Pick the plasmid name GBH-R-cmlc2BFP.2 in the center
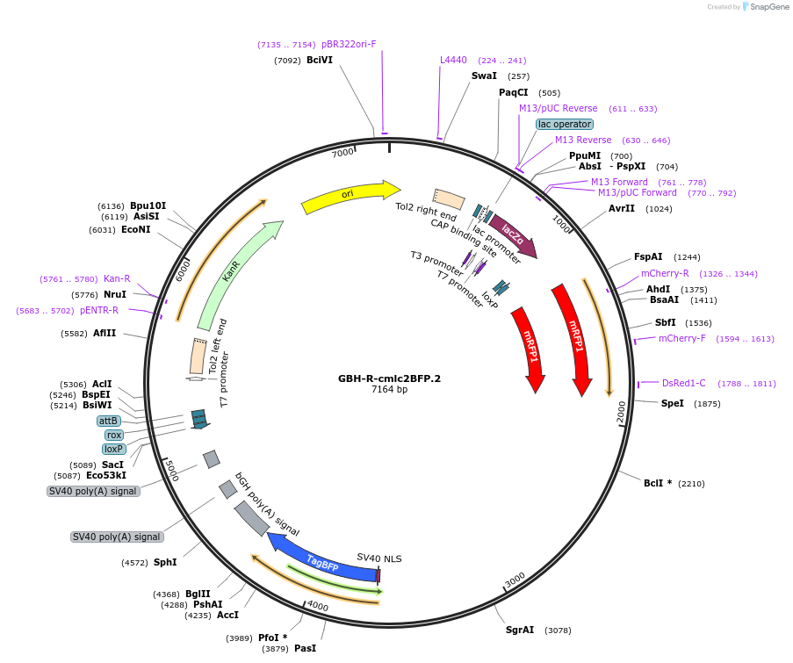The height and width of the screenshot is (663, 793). [x=389, y=378]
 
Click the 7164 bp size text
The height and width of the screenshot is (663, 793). [x=389, y=389]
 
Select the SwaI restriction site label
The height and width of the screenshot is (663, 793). [x=484, y=76]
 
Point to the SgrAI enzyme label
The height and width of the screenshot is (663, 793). [x=519, y=630]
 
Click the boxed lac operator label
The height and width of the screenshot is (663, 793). [x=565, y=124]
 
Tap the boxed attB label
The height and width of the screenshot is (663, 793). [x=109, y=421]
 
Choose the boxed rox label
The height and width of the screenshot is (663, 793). [x=114, y=435]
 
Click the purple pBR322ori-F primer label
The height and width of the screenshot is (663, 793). [x=349, y=44]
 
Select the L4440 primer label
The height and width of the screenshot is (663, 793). [x=453, y=61]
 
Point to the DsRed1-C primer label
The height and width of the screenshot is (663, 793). [x=683, y=383]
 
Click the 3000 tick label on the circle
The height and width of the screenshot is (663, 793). [x=515, y=580]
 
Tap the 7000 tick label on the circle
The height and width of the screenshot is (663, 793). [x=342, y=153]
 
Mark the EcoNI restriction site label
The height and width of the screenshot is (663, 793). [x=136, y=230]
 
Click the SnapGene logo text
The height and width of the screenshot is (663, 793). [x=768, y=7]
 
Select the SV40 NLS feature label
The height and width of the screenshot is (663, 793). [x=379, y=558]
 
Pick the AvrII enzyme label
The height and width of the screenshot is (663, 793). [x=622, y=209]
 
